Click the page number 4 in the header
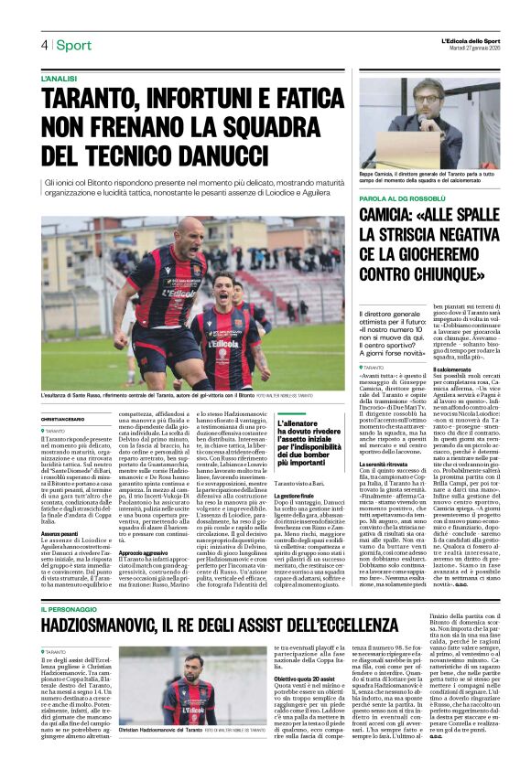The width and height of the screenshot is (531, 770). (43, 45)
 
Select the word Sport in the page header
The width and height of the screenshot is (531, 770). (73, 45)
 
